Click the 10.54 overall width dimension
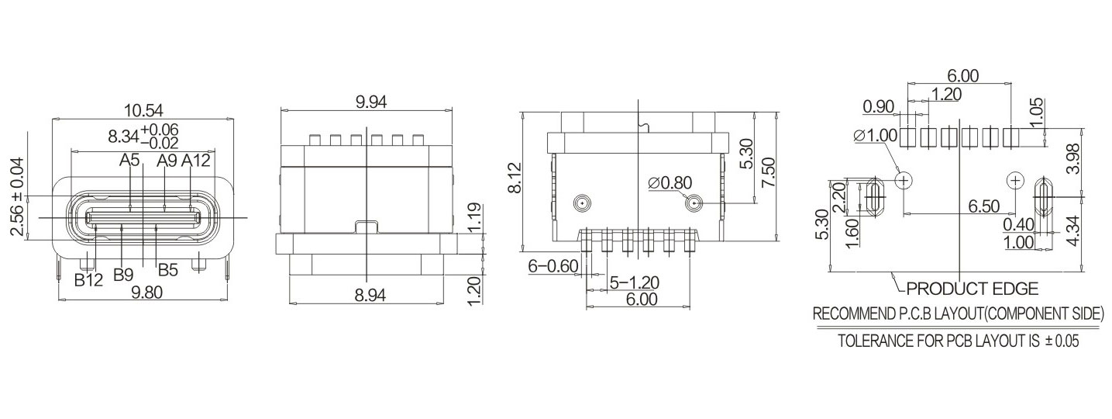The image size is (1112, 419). pos(143,110)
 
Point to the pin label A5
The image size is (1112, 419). pos(129,161)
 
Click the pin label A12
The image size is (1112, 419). pos(197,161)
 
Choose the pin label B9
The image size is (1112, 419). pos(124,274)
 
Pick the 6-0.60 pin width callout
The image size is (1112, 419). pos(553,266)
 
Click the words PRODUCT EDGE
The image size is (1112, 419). pos(972,289)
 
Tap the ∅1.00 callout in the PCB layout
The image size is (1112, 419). pos(875,136)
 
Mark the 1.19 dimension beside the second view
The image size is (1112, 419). pos(476,218)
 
